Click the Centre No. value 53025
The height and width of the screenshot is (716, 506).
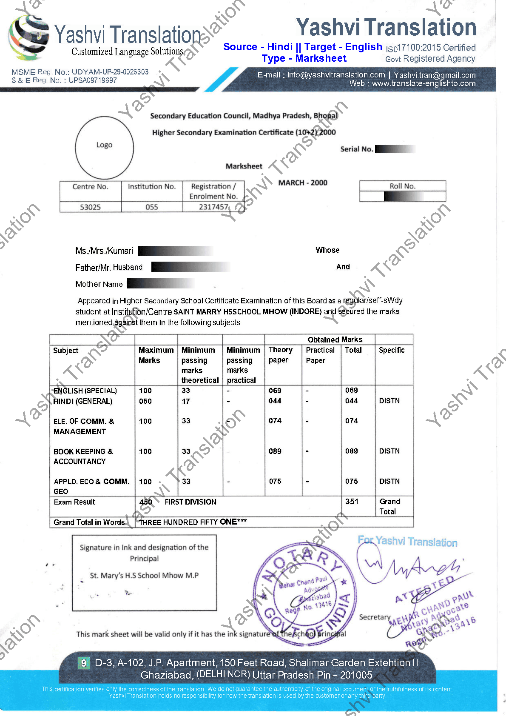[90, 207]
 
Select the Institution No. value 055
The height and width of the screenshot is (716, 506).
[152, 207]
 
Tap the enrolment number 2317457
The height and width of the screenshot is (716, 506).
[213, 207]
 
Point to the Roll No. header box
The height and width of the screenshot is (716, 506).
[402, 186]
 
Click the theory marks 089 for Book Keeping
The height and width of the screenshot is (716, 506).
[275, 451]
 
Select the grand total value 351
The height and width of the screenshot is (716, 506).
[352, 502]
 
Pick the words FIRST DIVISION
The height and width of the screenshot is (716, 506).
[190, 502]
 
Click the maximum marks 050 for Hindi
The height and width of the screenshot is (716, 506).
[145, 401]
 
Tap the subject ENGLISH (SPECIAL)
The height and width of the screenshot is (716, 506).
[85, 391]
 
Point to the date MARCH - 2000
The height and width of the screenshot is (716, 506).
[303, 183]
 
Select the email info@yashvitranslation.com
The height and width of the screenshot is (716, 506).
[336, 75]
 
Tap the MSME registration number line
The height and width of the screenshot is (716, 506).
[80, 72]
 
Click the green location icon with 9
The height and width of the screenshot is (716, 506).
[84, 663]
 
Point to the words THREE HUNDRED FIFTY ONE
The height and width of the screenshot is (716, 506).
[193, 522]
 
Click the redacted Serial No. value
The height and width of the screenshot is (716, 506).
[394, 149]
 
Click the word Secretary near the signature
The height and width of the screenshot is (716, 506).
[375, 617]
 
